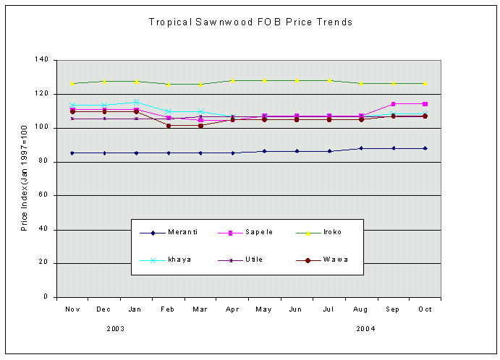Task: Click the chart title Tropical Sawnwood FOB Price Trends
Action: tap(250, 22)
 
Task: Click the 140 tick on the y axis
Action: tap(41, 60)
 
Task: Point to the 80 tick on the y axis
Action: tap(43, 162)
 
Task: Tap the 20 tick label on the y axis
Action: tap(43, 263)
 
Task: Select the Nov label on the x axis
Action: tap(72, 309)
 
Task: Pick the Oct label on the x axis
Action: tap(425, 309)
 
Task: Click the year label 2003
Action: tap(115, 328)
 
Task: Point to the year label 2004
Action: tap(365, 328)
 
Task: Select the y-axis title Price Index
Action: tap(25, 179)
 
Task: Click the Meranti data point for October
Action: tap(425, 148)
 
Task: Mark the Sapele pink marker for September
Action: tap(393, 104)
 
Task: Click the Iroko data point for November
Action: tap(72, 83)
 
